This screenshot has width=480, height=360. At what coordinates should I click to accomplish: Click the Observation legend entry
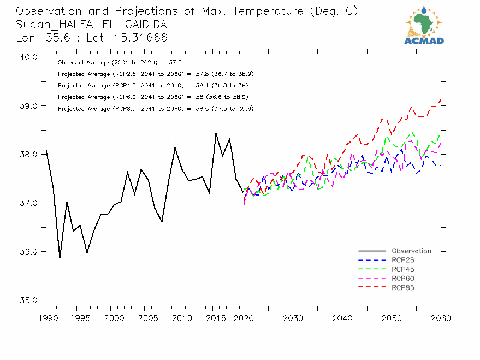click(411, 251)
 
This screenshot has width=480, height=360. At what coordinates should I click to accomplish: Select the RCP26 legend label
click(403, 261)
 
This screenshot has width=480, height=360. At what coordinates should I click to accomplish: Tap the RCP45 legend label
click(403, 269)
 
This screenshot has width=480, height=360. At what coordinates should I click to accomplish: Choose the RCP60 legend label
click(403, 279)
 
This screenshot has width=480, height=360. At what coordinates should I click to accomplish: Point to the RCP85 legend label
click(403, 287)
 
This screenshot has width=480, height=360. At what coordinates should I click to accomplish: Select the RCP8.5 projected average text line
click(156, 109)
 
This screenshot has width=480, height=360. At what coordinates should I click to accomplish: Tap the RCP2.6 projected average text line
click(156, 74)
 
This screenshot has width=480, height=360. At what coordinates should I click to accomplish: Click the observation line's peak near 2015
click(216, 133)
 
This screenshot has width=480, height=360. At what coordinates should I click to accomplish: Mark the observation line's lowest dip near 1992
click(60, 258)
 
